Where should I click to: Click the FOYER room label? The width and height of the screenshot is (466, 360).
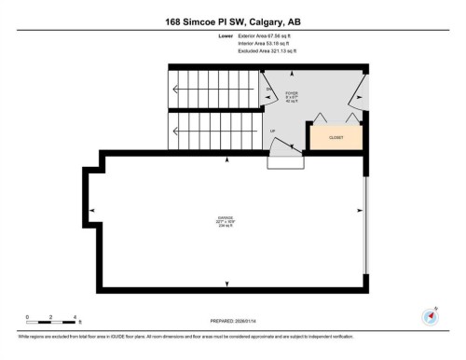pyautogui.click(x=293, y=93)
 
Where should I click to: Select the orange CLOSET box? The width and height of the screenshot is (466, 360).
pyautogui.click(x=336, y=137)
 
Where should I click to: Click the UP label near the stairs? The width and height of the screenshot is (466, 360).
pyautogui.click(x=272, y=132)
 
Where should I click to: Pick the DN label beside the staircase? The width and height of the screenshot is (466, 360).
pyautogui.click(x=268, y=89)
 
